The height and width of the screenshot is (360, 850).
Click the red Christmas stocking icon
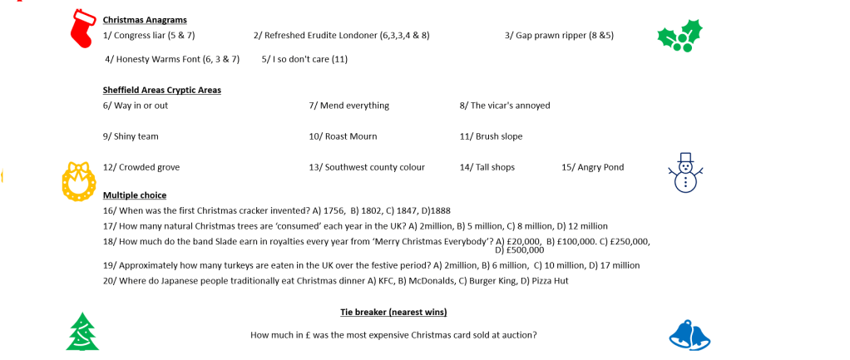(83, 27)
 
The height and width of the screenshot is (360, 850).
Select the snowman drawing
(685, 173)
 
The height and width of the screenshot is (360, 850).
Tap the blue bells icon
(689, 335)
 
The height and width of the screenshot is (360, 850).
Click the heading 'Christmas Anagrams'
(145, 19)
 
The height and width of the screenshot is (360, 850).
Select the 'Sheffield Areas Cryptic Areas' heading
(161, 90)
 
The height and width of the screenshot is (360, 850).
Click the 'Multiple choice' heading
(135, 195)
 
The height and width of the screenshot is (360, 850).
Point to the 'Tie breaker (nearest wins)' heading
(393, 312)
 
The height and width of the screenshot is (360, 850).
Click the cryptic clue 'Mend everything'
(353, 106)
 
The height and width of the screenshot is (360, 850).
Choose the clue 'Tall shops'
(492, 167)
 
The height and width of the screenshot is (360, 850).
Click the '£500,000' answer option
(522, 249)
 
